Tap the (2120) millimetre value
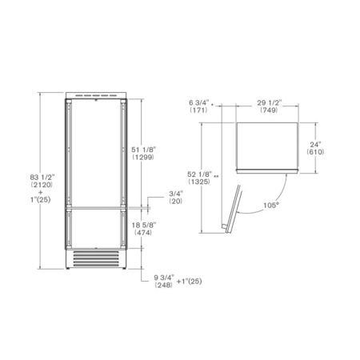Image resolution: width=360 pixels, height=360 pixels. click(42, 185)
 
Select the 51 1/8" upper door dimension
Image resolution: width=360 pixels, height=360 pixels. click(143, 150)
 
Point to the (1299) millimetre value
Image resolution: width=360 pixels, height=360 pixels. click(143, 157)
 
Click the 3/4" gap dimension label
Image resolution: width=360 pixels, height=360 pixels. click(176, 193)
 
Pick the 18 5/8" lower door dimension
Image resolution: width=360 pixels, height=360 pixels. click(144, 226)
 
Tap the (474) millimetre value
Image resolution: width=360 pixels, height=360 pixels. click(143, 233)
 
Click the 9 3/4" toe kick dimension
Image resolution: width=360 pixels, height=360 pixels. click(164, 278)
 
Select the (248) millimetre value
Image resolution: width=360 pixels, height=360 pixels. click(163, 285)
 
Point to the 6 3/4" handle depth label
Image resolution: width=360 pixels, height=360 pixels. click(199, 102)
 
